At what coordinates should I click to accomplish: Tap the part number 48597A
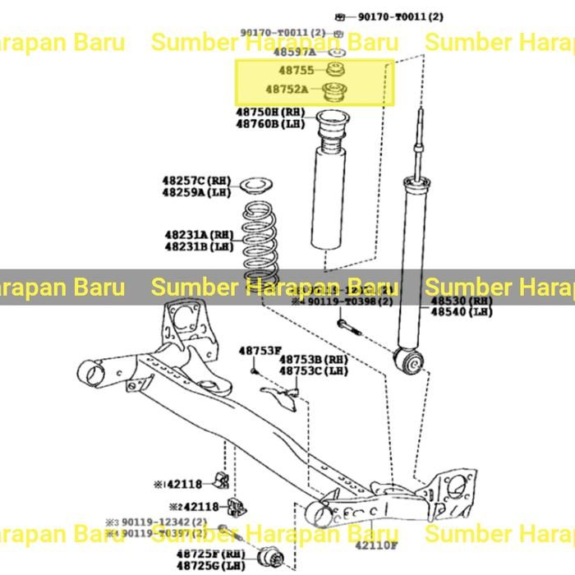click(291, 51)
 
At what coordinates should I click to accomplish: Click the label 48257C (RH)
click(195, 180)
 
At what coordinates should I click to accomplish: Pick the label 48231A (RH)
click(198, 234)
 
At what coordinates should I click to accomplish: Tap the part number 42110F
click(376, 545)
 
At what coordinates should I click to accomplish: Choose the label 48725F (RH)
click(210, 554)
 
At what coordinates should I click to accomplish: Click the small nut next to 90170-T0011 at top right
click(339, 16)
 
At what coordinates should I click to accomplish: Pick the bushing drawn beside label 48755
click(334, 68)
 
